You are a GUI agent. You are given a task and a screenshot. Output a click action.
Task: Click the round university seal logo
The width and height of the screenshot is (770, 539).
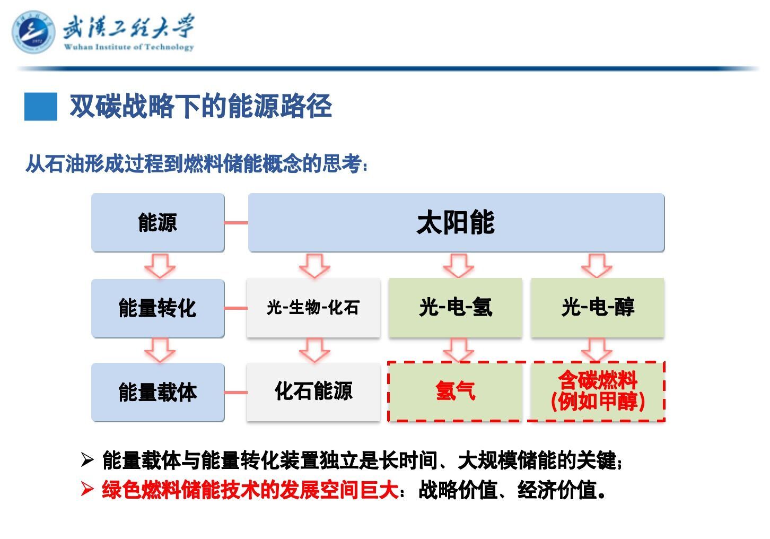(x=33, y=32)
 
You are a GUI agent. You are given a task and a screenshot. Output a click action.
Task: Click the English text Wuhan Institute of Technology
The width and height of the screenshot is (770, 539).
(x=129, y=47)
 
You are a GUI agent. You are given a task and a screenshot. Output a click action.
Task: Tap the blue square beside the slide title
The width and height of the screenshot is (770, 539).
(x=40, y=106)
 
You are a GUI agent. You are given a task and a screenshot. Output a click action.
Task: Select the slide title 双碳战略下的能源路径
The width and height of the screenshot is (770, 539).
(x=200, y=106)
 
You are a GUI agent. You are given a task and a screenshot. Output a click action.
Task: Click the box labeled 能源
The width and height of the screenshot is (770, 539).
(x=157, y=222)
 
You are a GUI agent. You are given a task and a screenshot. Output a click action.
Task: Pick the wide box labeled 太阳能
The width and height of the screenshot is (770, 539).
(x=456, y=222)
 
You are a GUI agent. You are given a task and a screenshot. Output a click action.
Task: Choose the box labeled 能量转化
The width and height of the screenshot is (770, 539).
(x=157, y=308)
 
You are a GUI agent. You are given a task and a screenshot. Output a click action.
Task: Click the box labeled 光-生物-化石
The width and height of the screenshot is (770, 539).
(x=313, y=308)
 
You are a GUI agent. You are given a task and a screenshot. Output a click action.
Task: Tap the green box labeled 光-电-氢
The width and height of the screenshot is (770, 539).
(x=455, y=308)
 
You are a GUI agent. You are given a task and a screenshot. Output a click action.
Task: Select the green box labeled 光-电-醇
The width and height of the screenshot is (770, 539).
(x=597, y=308)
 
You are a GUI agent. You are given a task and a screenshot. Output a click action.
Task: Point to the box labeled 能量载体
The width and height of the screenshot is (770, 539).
(x=157, y=393)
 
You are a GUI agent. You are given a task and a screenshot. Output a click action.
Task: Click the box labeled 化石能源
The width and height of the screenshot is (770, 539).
(x=313, y=392)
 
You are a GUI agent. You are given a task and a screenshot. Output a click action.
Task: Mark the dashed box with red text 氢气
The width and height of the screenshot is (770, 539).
(x=455, y=392)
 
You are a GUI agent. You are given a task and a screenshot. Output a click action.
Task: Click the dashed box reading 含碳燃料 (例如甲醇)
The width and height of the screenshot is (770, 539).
(x=597, y=392)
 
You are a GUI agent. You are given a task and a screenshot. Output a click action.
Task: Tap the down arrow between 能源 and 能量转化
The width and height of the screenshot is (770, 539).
(x=160, y=265)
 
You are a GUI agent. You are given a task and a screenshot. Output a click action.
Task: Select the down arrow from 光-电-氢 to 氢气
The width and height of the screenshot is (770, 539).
(x=458, y=350)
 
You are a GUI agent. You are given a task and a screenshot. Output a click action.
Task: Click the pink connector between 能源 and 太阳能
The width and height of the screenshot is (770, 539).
(x=236, y=223)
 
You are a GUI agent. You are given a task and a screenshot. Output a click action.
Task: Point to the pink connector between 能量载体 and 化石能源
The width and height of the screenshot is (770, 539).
(x=235, y=393)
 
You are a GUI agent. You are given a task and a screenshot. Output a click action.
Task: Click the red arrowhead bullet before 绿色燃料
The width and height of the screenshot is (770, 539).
(x=87, y=489)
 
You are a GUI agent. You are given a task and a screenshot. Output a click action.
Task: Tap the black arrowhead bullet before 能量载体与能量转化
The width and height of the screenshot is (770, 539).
(x=87, y=460)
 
